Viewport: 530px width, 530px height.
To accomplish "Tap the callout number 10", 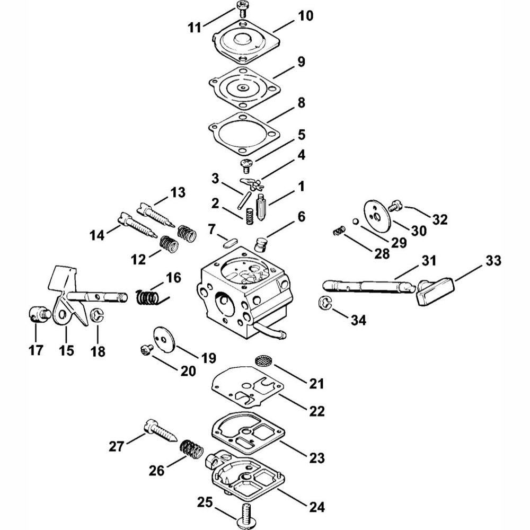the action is [x=305, y=15].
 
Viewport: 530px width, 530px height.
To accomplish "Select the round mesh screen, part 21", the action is [x=263, y=360].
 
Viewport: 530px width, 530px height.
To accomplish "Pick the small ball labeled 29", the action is [x=355, y=222].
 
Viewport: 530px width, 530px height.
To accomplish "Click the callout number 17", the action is [x=36, y=350].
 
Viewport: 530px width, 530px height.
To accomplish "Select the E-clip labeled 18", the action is [x=98, y=316].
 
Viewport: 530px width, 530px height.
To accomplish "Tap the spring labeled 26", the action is [x=191, y=451].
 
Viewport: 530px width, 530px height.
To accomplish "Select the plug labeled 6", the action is [x=261, y=244].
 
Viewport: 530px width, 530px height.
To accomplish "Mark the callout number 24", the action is [x=317, y=507].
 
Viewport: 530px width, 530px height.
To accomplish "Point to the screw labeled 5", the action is [x=246, y=166].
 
